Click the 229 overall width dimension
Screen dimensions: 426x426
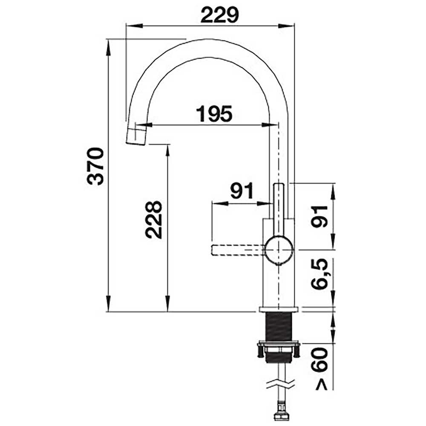(x=220, y=15)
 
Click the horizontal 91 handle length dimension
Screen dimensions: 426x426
(x=241, y=191)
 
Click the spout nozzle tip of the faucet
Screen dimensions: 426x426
(x=137, y=135)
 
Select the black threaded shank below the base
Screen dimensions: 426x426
(x=279, y=326)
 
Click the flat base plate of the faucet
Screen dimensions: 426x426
(x=279, y=309)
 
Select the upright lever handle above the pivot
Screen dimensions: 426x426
(x=279, y=209)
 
